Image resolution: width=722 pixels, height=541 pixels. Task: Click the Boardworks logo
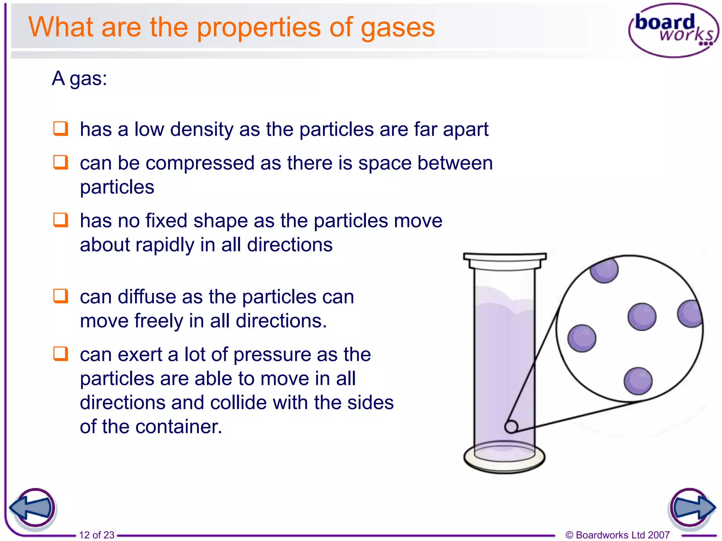[673, 30]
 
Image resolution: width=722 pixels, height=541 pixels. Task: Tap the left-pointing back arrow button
[32, 508]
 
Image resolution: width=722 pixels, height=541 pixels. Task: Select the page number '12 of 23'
[97, 535]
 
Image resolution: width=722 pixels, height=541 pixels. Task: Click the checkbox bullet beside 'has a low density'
[61, 129]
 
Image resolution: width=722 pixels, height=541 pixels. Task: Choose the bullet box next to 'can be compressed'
[61, 162]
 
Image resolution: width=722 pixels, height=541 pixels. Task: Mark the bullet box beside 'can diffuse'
[61, 296]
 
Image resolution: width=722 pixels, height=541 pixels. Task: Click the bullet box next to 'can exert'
[61, 354]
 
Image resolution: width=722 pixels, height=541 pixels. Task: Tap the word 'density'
[202, 130]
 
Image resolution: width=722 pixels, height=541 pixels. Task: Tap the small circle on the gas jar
[511, 427]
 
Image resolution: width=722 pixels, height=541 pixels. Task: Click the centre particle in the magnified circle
[642, 317]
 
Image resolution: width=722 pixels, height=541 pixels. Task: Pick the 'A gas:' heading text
[79, 78]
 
